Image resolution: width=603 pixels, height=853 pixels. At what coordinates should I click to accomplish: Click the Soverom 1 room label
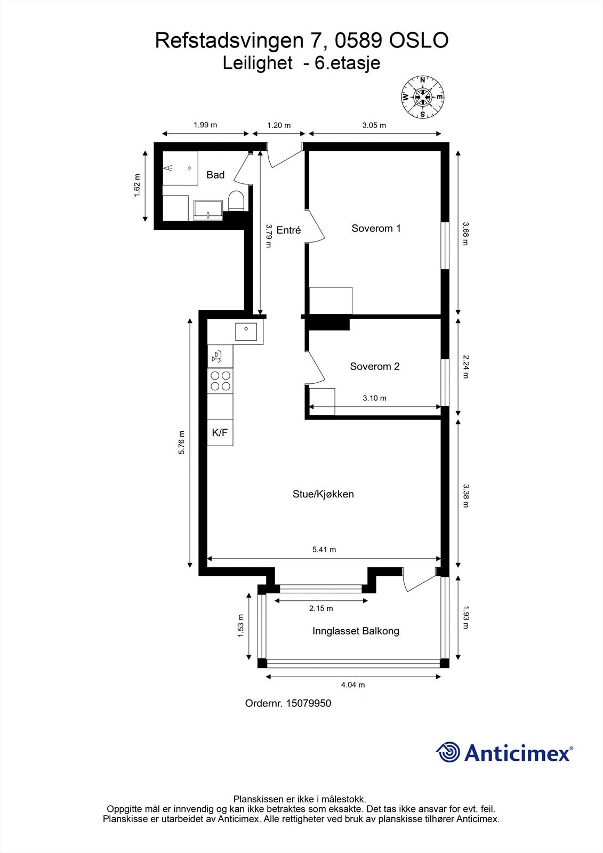(376, 228)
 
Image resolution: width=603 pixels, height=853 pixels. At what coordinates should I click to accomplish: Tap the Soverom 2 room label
(374, 366)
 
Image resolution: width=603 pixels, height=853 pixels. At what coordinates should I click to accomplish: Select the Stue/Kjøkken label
(323, 494)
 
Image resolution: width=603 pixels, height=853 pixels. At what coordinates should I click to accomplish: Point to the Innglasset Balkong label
(356, 631)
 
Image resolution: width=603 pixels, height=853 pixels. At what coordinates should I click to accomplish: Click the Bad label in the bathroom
(215, 175)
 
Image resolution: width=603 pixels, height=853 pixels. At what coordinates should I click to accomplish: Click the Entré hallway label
(288, 230)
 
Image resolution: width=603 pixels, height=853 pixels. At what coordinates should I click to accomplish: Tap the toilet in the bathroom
(236, 200)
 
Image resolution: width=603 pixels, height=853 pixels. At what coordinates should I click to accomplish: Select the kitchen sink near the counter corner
(246, 332)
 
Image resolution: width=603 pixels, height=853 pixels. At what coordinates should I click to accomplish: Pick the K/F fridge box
(220, 432)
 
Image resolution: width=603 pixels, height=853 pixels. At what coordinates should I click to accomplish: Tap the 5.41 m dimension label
(324, 550)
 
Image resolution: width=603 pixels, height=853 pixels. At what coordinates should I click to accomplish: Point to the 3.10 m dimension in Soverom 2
(374, 398)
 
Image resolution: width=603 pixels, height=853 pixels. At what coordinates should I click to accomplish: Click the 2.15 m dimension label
(321, 608)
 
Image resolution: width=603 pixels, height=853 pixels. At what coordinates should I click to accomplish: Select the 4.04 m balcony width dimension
(353, 685)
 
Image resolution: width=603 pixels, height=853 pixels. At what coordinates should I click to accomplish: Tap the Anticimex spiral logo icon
(448, 752)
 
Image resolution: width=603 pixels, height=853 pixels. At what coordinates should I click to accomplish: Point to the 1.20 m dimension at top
(279, 125)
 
